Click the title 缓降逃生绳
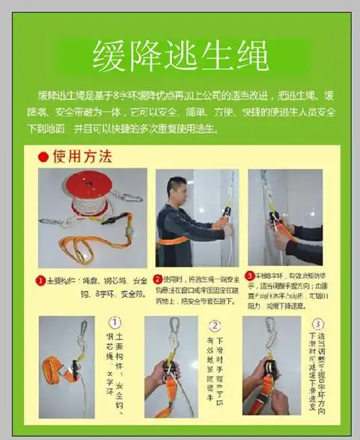(180, 55)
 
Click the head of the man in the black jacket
(176, 189)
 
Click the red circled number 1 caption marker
(42, 279)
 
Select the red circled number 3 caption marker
(248, 275)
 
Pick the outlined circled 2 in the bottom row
(214, 325)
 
